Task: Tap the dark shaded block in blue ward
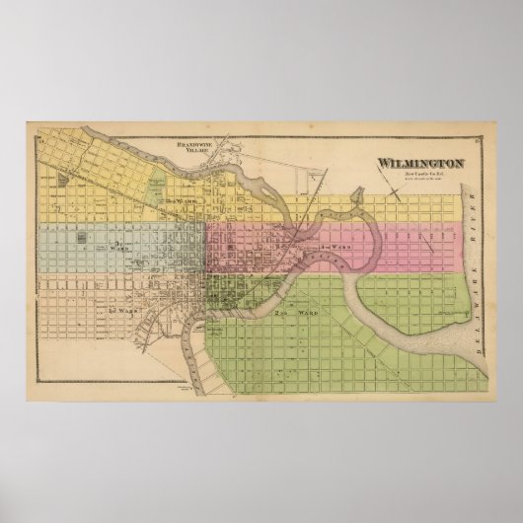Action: click(73, 239)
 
